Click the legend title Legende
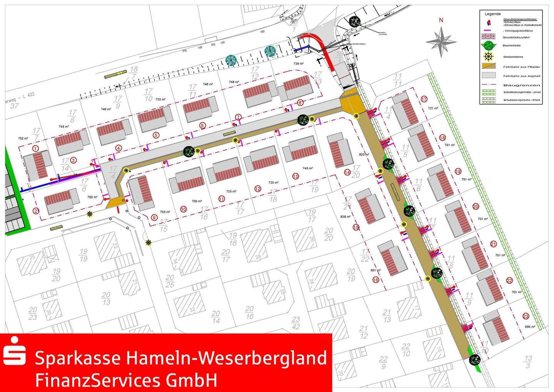tap(492, 14)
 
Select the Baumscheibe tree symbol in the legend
tap(488, 45)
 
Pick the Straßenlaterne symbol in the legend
tap(488, 57)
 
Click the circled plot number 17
tap(424, 99)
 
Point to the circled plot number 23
tap(526, 317)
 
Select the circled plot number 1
tap(35, 148)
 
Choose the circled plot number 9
tap(154, 218)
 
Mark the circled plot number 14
tap(347, 173)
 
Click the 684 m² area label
tap(530, 327)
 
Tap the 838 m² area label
tap(345, 217)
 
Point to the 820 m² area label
tap(364, 154)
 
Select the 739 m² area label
tap(299, 63)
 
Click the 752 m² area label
tap(23, 138)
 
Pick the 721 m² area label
tap(433, 108)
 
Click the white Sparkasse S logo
tap(15, 351)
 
